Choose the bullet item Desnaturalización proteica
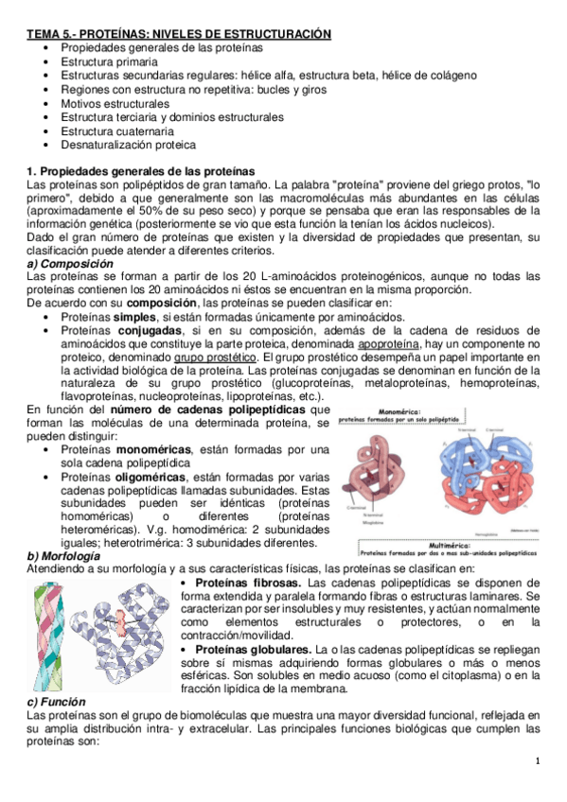[128, 145]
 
